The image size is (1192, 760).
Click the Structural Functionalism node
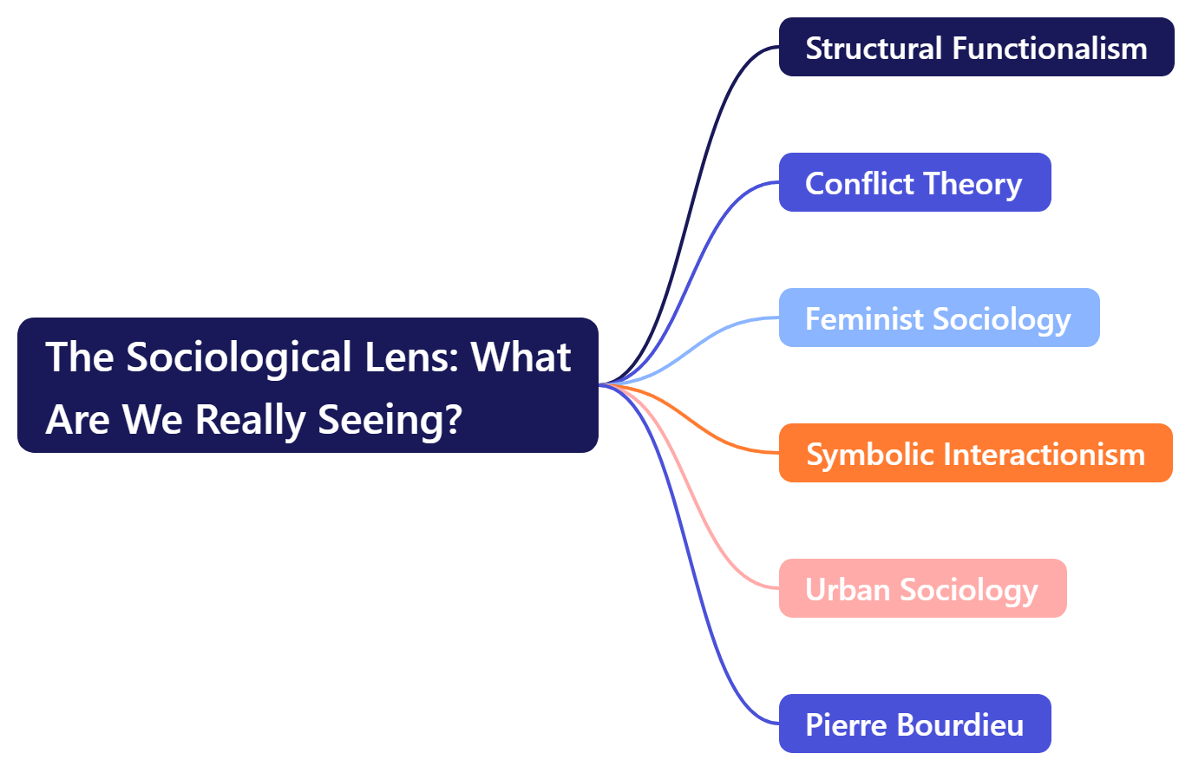[x=976, y=47]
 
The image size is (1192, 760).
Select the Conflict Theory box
[x=914, y=182]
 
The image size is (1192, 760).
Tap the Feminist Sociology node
[x=939, y=318]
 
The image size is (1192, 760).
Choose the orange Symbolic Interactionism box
[x=975, y=453]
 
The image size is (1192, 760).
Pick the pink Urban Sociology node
[x=922, y=588]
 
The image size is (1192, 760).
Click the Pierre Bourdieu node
[x=914, y=724]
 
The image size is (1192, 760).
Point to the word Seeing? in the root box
[x=390, y=419]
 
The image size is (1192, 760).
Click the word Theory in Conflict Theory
[x=973, y=183]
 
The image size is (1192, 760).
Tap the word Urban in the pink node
[x=848, y=589]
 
